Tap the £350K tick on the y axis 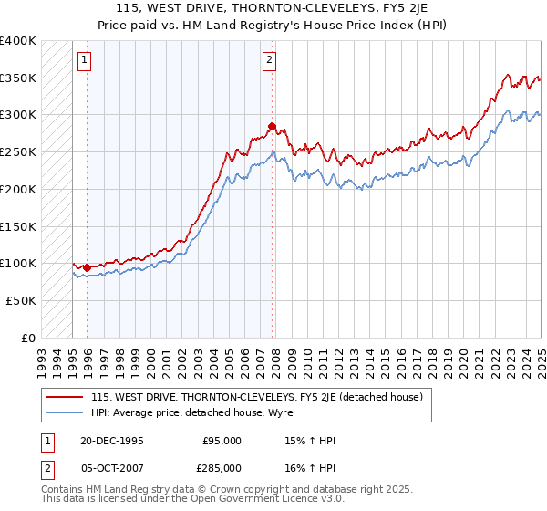point(18,78)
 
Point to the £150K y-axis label point(18,225)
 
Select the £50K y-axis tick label point(22,299)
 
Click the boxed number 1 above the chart point(83,61)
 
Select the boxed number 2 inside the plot point(270,61)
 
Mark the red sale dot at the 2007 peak point(272,126)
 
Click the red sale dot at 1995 point(88,267)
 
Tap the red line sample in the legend point(66,397)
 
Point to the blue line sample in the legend point(66,412)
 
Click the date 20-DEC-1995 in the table point(112,441)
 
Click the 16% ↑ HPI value point(310,467)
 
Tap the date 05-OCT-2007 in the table point(112,467)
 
